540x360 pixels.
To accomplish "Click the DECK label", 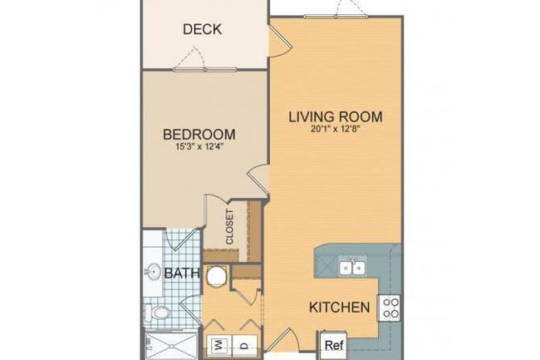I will [202, 29].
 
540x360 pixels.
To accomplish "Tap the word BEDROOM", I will [199, 134].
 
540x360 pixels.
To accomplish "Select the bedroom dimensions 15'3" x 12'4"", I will [199, 148].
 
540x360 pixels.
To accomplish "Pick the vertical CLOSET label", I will [229, 224].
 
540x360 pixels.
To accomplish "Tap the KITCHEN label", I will [339, 308].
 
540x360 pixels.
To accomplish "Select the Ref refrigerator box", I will [334, 343].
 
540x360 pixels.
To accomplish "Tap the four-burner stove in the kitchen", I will [390, 308].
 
